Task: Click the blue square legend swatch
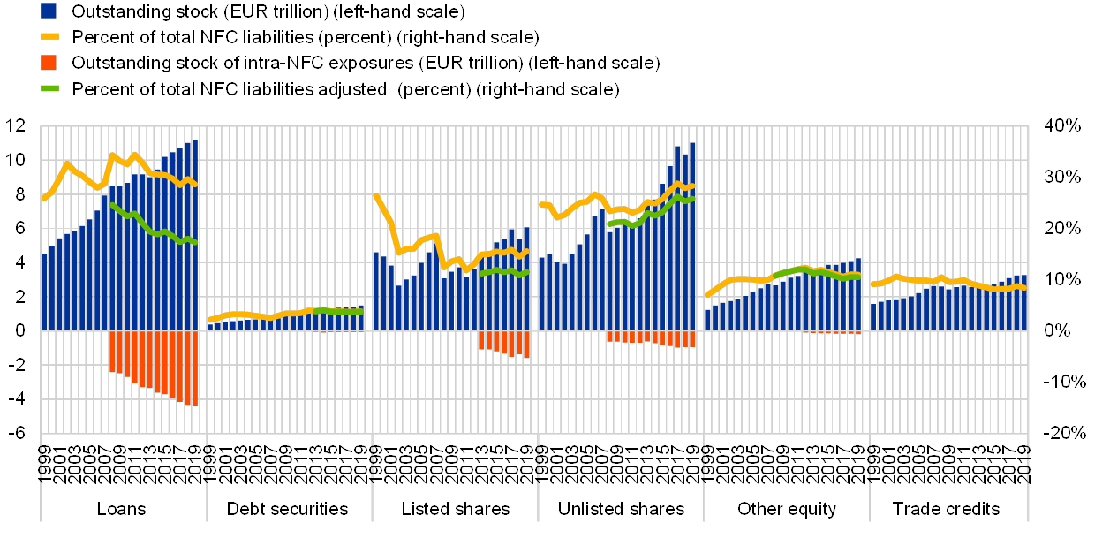[x=49, y=11]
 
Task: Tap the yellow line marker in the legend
[x=49, y=37]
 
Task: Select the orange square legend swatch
[x=49, y=63]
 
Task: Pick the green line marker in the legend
[x=49, y=88]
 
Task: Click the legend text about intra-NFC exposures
[x=365, y=63]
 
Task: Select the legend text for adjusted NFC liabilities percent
[x=346, y=89]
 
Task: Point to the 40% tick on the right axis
[x=1061, y=126]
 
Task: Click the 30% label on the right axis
[x=1061, y=178]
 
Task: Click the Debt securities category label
[x=289, y=510]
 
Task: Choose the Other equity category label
[x=786, y=510]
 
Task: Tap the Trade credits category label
[x=949, y=510]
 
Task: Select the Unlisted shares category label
[x=620, y=510]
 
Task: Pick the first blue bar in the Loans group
[x=45, y=292]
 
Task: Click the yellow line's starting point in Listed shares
[x=377, y=195]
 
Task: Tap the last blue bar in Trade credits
[x=1023, y=303]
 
